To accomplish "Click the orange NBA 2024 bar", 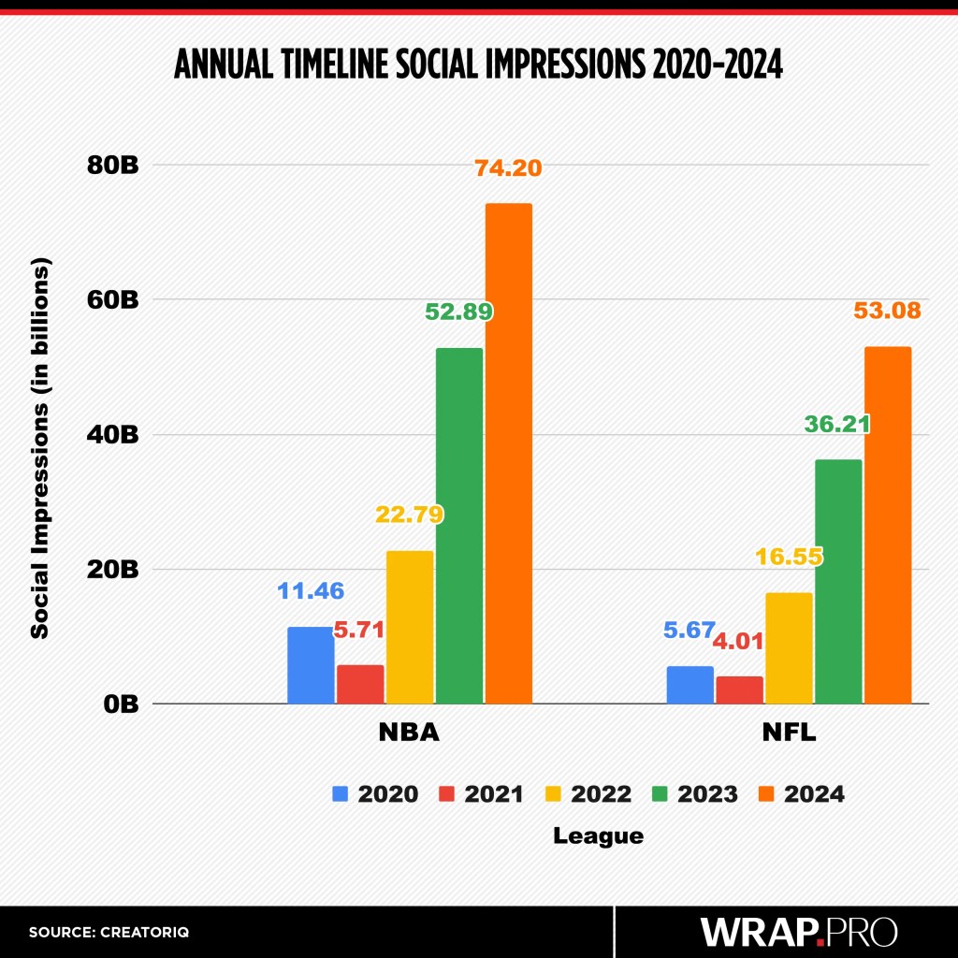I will [x=508, y=453].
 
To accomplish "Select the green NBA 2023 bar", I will [x=459, y=525].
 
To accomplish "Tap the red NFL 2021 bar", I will [x=739, y=689].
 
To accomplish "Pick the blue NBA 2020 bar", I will [x=311, y=664].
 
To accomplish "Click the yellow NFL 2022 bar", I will [x=789, y=647].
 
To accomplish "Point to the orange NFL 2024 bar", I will [x=887, y=525].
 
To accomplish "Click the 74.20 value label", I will [x=508, y=168].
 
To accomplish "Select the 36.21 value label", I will [x=837, y=424].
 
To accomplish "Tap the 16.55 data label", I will [x=789, y=558].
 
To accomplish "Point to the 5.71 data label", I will [x=360, y=630].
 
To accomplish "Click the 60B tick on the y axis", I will [x=115, y=300].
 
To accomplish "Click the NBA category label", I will [x=409, y=733].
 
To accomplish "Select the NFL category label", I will [x=789, y=733].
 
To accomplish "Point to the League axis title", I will [x=599, y=835].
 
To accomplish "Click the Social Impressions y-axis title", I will [x=39, y=449].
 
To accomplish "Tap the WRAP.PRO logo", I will [x=798, y=932].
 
